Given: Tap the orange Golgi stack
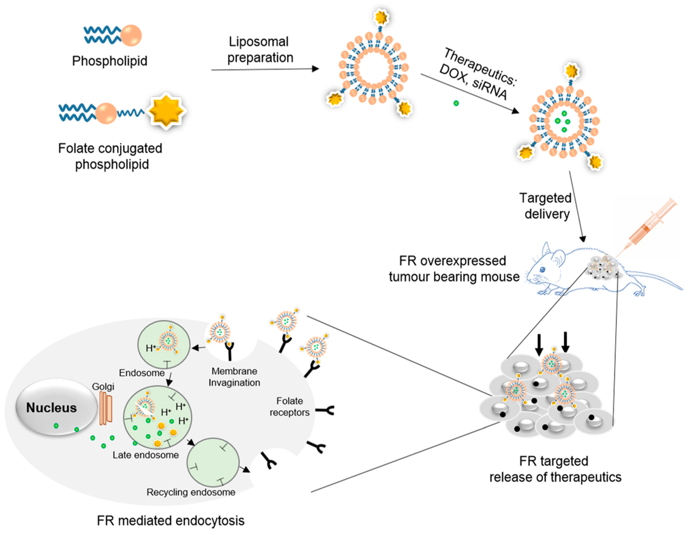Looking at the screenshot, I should (x=106, y=408).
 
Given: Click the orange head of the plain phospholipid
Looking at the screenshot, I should (x=131, y=35).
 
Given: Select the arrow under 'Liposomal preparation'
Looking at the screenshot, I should (x=265, y=69).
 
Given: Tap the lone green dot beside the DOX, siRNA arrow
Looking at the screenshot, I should (x=456, y=103).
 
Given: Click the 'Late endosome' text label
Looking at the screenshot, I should (x=146, y=455).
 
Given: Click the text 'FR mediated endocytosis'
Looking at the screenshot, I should (x=170, y=521).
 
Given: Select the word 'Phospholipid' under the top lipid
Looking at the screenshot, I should (x=110, y=61).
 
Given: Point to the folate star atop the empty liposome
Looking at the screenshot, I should (x=381, y=18).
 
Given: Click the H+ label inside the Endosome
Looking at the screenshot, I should (x=151, y=348).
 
